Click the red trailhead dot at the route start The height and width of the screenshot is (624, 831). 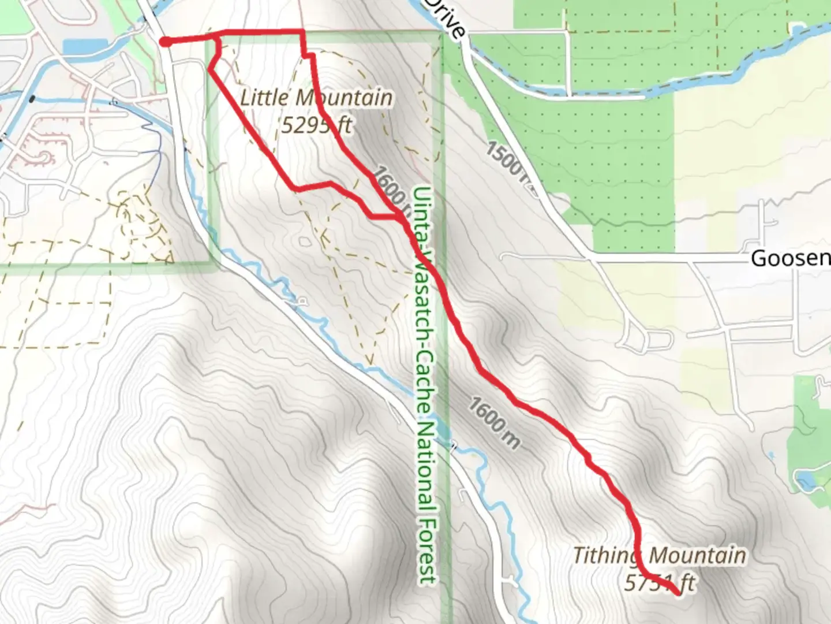point(165,42)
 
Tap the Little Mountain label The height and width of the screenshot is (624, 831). point(316,98)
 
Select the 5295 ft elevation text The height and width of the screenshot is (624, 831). point(316,124)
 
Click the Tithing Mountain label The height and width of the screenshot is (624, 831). point(659,556)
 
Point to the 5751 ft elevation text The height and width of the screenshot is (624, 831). point(660,582)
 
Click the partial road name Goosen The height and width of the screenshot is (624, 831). point(790,258)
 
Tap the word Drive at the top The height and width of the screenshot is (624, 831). point(447,17)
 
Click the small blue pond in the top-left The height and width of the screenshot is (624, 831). point(85,46)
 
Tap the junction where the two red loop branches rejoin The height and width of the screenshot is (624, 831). point(400,217)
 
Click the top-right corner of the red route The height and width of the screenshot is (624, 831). point(302,31)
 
